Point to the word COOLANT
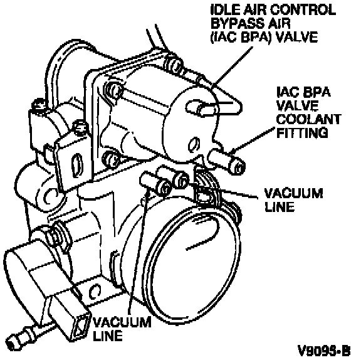click(x=308, y=119)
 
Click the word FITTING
click(x=302, y=133)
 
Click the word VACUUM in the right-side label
click(x=293, y=193)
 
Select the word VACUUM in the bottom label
click(x=122, y=322)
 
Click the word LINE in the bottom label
click(x=108, y=336)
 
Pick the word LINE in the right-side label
click(x=280, y=206)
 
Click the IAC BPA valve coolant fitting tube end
click(x=237, y=166)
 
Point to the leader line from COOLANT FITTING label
click(x=253, y=139)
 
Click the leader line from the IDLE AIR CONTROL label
click(x=232, y=68)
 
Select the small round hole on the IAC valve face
click(x=194, y=144)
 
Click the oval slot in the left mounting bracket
click(x=76, y=165)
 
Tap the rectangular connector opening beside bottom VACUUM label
click(x=81, y=327)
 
